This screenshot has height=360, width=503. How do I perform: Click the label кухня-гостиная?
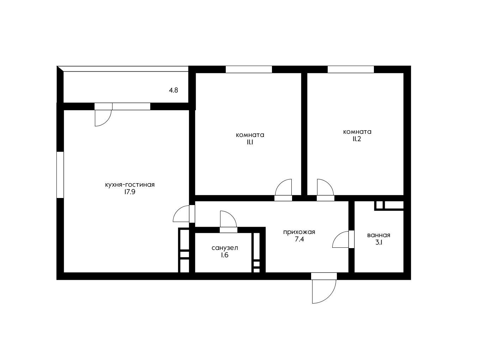point(130,185)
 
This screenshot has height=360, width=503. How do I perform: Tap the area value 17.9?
point(130,192)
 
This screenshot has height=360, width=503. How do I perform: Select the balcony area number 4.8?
point(173,90)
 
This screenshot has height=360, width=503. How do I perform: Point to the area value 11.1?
point(250,142)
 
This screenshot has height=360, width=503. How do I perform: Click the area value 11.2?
point(357,139)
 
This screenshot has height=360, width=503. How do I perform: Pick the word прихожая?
point(299,232)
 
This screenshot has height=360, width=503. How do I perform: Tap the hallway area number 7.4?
point(299,239)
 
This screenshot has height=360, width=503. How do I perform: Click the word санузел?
point(225,248)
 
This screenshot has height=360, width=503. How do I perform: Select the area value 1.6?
point(225,255)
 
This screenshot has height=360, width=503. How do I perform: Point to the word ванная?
point(378,235)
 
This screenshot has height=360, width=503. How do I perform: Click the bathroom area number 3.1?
point(379,243)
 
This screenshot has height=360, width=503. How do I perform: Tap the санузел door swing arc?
point(232,216)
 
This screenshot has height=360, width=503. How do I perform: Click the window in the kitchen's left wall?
point(60,175)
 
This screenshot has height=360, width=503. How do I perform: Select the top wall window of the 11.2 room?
point(351,69)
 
